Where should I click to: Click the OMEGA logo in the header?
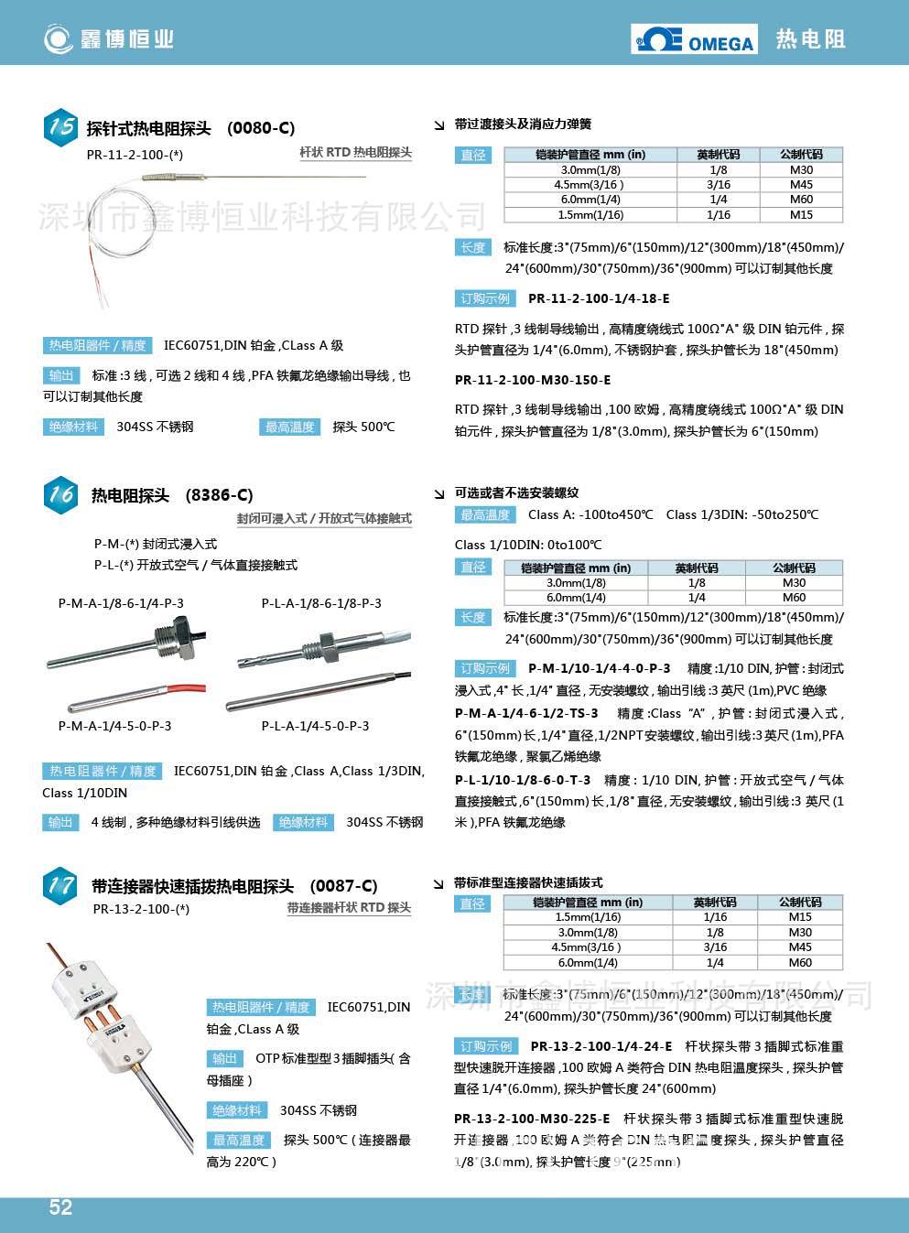(695, 39)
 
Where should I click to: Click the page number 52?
(60, 1207)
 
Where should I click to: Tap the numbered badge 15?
(61, 126)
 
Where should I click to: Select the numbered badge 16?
(61, 494)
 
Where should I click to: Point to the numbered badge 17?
(61, 885)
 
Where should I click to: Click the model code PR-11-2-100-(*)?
(135, 155)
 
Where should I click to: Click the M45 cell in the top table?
(801, 185)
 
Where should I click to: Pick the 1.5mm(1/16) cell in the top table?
(590, 215)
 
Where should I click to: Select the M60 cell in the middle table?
(794, 598)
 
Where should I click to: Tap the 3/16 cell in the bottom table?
(715, 947)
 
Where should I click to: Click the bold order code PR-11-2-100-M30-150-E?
(533, 380)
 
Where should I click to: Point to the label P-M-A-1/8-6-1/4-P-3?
(121, 603)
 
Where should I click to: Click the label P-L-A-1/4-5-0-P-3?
(315, 726)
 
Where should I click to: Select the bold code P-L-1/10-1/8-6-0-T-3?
(523, 780)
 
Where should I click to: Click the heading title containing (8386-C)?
(172, 495)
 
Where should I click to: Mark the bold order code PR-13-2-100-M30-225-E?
(532, 1119)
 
